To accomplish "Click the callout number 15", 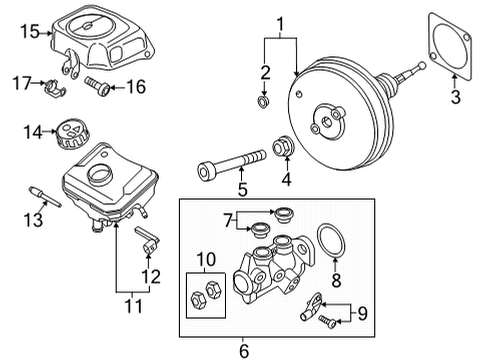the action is (x=30, y=32).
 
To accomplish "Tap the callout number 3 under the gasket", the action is (x=456, y=97).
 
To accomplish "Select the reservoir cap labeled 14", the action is (x=72, y=134).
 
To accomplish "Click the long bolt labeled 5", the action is (x=232, y=165).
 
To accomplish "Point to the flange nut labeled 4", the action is (x=283, y=146).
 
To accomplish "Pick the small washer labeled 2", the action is (x=263, y=102).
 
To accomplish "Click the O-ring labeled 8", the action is (x=332, y=241).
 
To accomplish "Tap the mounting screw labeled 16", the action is (x=97, y=86).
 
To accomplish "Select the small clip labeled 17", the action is (x=55, y=88).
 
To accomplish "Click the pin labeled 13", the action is (x=45, y=197).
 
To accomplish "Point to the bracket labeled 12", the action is (x=148, y=239).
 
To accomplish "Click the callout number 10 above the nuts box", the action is (x=206, y=259).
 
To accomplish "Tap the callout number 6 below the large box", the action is (x=244, y=351).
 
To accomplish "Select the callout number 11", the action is (x=134, y=306).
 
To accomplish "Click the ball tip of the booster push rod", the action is (x=422, y=66).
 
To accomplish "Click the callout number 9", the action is (x=362, y=313).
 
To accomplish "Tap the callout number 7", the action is (x=228, y=220).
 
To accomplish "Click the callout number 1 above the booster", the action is (x=281, y=25).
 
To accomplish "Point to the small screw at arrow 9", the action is (x=327, y=321).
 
